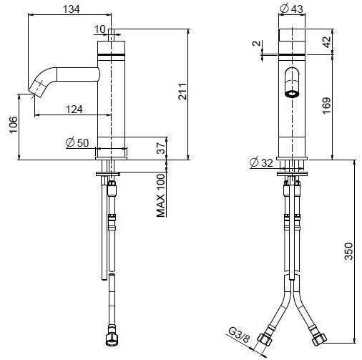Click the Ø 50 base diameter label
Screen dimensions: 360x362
(x=77, y=142)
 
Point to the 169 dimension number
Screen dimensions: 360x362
(x=327, y=107)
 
